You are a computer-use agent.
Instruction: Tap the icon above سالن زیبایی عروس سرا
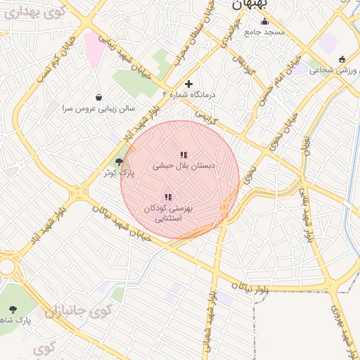pyautogui.click(x=98, y=97)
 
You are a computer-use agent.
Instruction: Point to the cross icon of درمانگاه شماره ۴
pyautogui.click(x=188, y=84)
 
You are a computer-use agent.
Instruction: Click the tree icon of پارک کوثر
pyautogui.click(x=117, y=162)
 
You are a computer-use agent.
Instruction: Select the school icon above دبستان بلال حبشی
pyautogui.click(x=184, y=155)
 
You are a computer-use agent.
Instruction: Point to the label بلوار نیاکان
pyautogui.click(x=247, y=287)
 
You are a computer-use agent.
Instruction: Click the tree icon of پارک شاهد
pyautogui.click(x=13, y=309)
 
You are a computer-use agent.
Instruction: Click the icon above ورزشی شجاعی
pyautogui.click(x=342, y=59)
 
